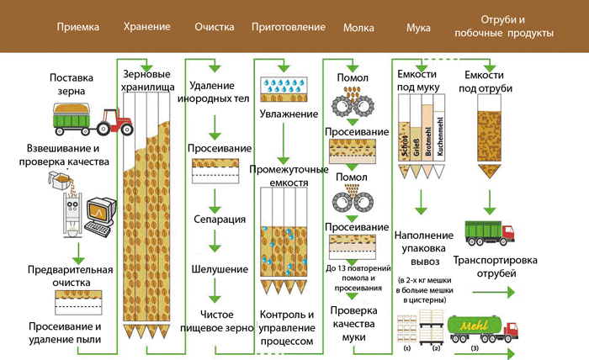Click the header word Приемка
click(78, 27)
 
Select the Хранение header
click(146, 27)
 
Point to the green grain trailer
click(73, 115)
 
